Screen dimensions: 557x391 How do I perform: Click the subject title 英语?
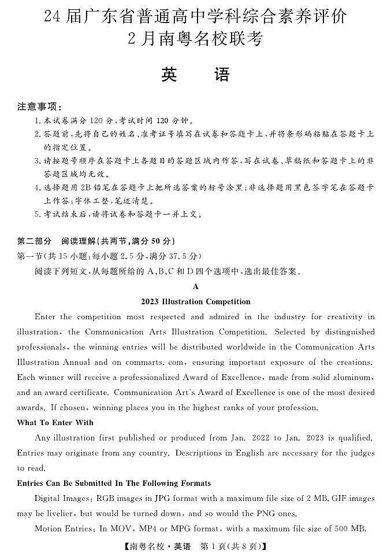click(195, 75)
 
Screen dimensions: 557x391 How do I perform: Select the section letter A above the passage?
click(196, 286)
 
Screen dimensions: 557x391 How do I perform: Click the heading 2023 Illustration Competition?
click(195, 301)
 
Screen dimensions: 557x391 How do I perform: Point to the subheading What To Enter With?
click(55, 422)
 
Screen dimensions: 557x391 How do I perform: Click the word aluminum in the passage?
click(354, 377)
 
